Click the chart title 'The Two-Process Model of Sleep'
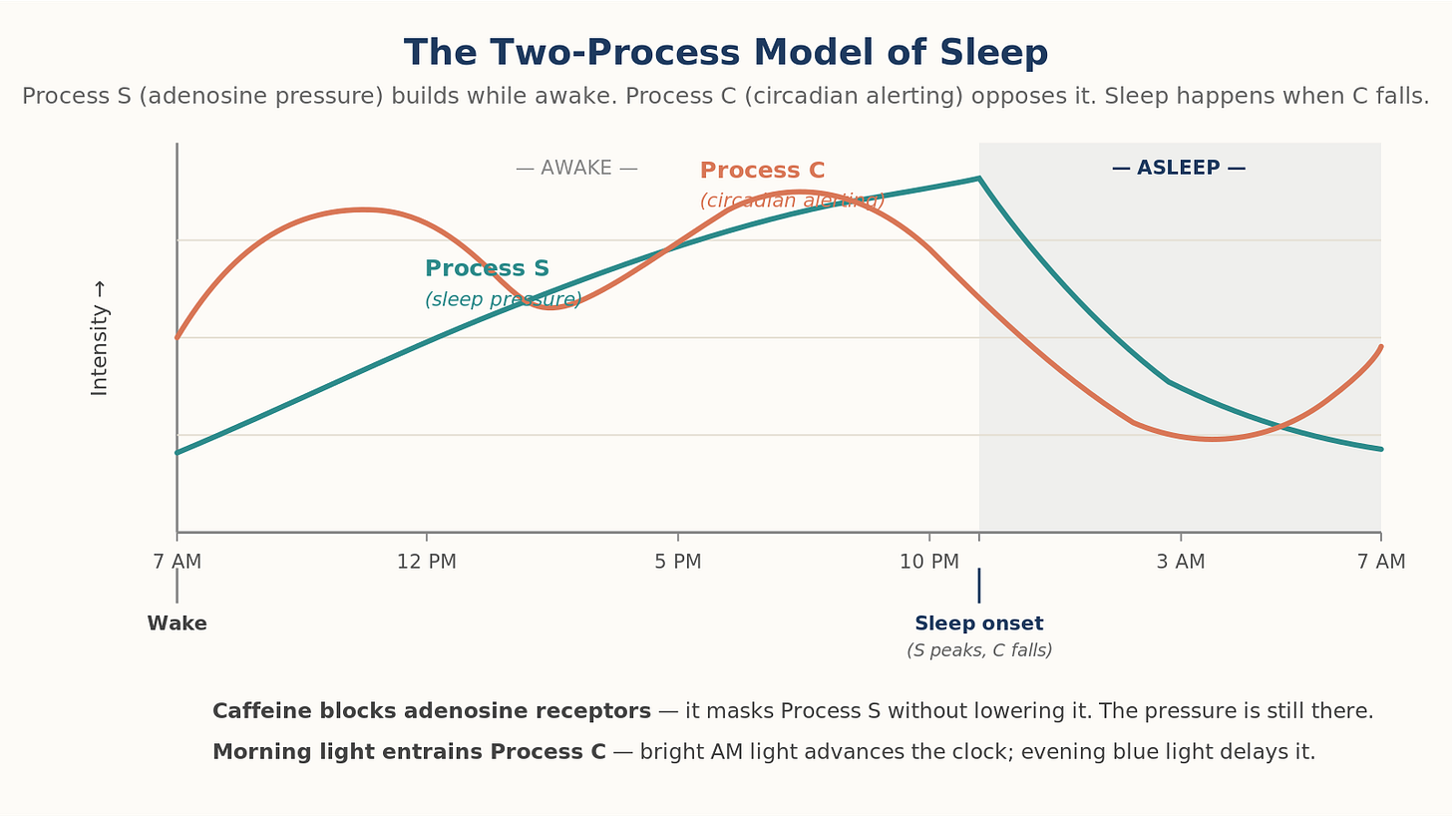click(726, 53)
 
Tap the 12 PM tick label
click(427, 562)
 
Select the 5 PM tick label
click(678, 562)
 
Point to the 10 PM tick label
click(928, 562)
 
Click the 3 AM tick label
click(1181, 562)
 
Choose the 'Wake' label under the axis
click(177, 623)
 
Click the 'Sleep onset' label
click(979, 623)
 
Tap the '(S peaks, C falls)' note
click(979, 650)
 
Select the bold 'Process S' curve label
click(487, 268)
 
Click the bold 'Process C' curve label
click(762, 171)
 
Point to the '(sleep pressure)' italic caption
click(503, 299)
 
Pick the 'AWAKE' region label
click(576, 168)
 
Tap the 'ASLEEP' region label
click(1179, 168)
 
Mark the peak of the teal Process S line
click(979, 178)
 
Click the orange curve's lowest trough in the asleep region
click(1211, 440)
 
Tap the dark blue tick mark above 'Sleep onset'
click(979, 586)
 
